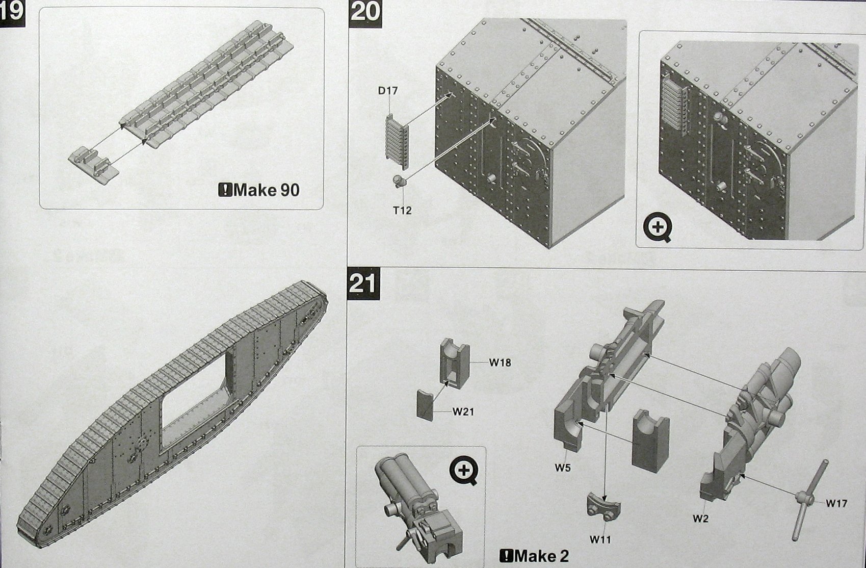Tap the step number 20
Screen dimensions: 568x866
[365, 11]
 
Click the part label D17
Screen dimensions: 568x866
[388, 91]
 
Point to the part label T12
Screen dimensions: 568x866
[402, 210]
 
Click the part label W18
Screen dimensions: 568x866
[500, 363]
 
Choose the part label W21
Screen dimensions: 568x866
[463, 412]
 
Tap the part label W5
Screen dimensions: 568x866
[563, 467]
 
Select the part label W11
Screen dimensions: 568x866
[600, 538]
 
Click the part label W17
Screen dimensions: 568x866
[836, 503]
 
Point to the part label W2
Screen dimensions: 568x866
[701, 519]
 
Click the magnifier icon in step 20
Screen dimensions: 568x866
[658, 228]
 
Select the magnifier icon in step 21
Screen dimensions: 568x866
[464, 470]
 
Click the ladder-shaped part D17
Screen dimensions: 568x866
[397, 141]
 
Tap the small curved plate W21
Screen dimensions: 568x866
[425, 405]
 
